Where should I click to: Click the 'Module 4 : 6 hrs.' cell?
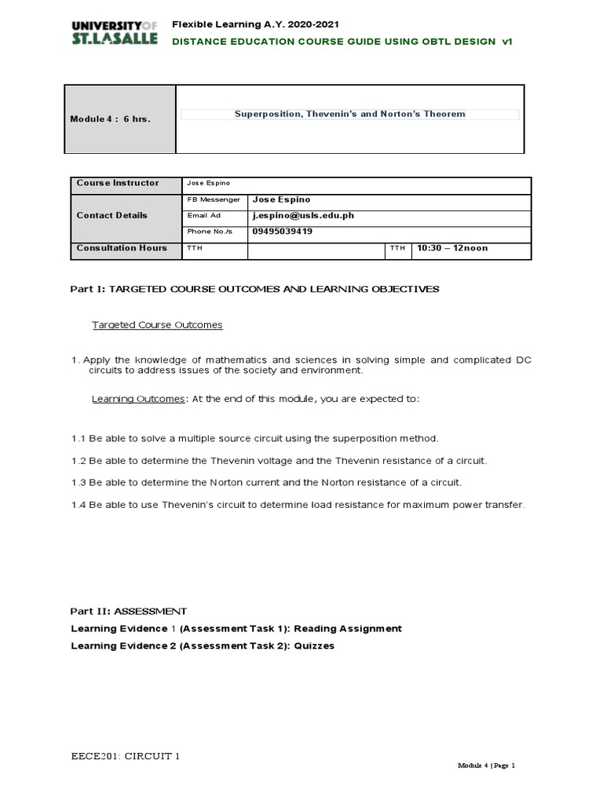click(x=111, y=119)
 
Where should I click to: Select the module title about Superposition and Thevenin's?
click(x=349, y=114)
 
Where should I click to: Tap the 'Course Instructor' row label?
click(x=117, y=183)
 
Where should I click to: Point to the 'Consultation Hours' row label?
click(x=122, y=248)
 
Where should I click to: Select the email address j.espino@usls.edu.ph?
click(x=298, y=215)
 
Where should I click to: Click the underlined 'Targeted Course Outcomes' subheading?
click(x=157, y=324)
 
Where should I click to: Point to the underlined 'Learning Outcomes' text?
click(x=138, y=399)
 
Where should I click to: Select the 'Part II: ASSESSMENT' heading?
click(x=129, y=610)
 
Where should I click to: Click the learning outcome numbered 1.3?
click(x=266, y=482)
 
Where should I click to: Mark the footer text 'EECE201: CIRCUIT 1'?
click(x=125, y=757)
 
